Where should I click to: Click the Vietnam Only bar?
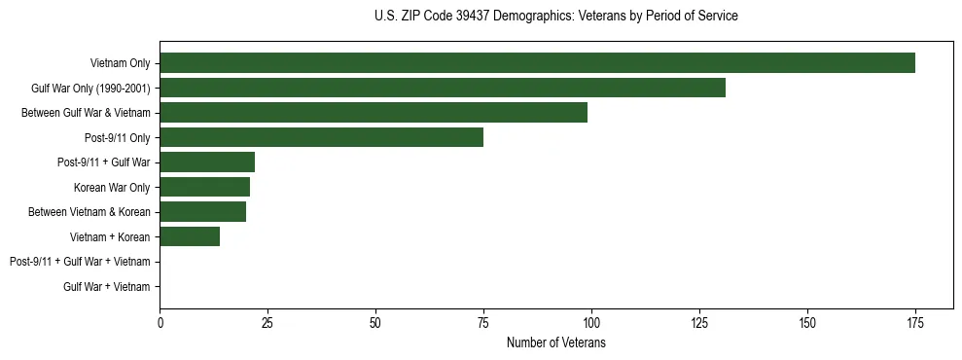537,63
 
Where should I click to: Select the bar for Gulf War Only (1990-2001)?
443,89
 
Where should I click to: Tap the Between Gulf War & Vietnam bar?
374,113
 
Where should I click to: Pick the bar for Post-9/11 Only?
322,137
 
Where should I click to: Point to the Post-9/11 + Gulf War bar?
207,162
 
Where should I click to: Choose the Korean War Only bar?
205,187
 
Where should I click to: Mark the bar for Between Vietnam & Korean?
203,212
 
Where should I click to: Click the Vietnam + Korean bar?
190,236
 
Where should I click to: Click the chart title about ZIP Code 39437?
555,17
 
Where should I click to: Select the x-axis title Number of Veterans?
555,343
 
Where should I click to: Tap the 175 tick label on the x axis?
914,323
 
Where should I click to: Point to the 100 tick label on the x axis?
591,323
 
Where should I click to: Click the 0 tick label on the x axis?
160,323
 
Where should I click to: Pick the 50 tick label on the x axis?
375,323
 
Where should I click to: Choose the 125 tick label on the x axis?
699,323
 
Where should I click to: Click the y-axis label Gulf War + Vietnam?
107,286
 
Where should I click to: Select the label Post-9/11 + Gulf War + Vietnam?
80,262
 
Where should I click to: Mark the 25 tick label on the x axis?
267,323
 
